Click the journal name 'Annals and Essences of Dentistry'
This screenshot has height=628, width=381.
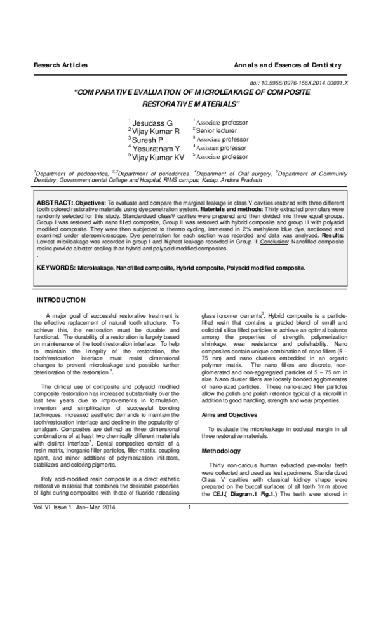288,65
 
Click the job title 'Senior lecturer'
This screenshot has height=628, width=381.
220,130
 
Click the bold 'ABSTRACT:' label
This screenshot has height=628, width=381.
54,201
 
